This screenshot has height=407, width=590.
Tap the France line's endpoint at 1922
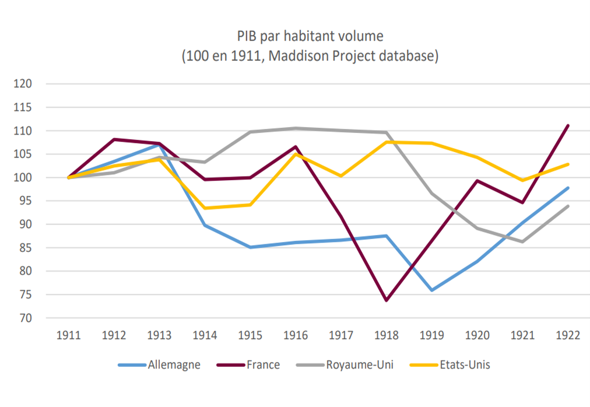(x=568, y=125)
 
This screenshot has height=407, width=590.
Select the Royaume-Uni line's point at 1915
(x=250, y=132)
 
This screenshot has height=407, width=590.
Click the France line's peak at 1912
(x=114, y=139)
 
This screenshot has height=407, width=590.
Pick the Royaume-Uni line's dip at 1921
(x=522, y=241)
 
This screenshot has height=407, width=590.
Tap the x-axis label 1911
(x=69, y=335)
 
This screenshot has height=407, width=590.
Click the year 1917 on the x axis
(x=341, y=335)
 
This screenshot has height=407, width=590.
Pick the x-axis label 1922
(x=568, y=335)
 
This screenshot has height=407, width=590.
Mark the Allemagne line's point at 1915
(x=250, y=247)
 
